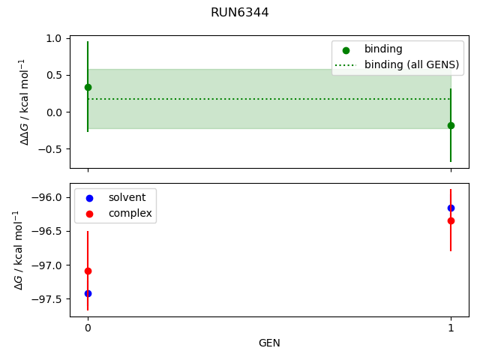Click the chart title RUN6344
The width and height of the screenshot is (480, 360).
(239, 13)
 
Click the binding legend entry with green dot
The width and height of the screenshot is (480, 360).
(383, 49)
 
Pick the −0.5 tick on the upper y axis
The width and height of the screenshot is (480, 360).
(53, 148)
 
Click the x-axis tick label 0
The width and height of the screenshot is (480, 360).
(88, 328)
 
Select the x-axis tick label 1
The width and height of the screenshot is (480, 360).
(451, 328)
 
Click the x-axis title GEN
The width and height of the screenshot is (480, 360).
(269, 343)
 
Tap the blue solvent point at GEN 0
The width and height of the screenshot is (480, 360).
(88, 293)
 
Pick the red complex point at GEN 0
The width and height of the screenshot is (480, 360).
(88, 271)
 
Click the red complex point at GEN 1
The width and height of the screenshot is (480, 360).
(451, 220)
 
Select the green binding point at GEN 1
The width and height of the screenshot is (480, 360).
(451, 125)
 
